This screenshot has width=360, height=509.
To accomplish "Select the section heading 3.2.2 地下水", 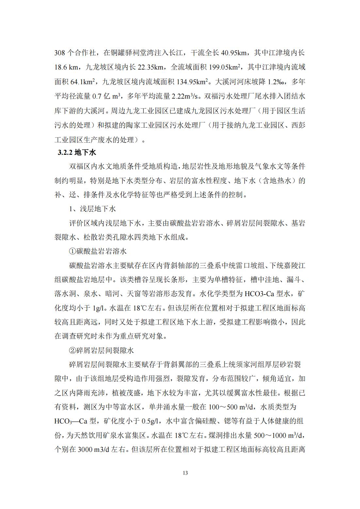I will pyautogui.click(x=77, y=152).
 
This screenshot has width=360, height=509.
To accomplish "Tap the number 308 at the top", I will pyautogui.click(x=60, y=53).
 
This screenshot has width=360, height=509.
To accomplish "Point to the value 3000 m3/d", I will pyautogui.click(x=93, y=450).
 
